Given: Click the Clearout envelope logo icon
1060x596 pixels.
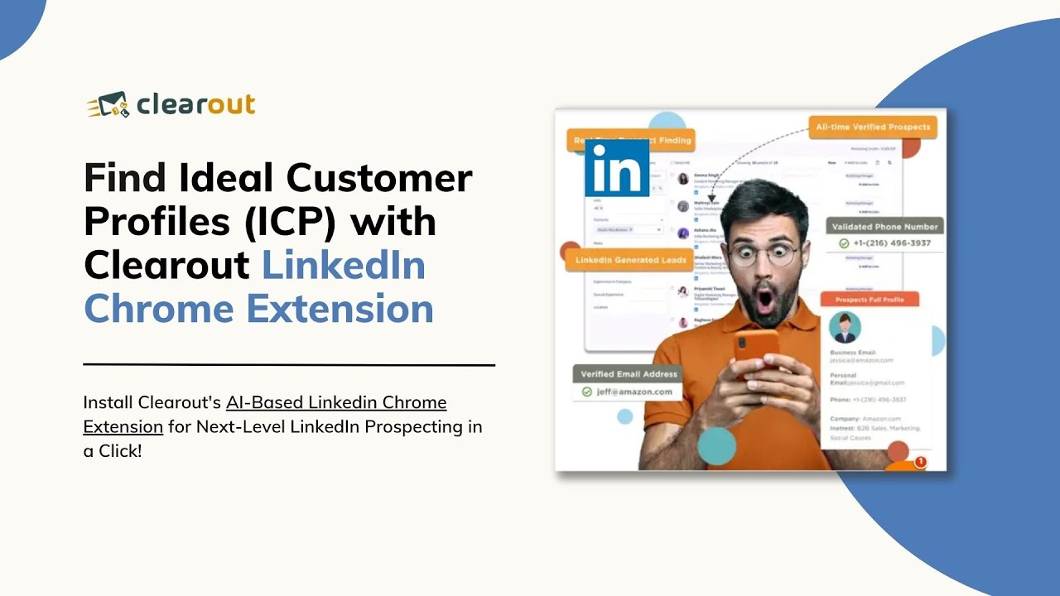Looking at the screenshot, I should pyautogui.click(x=108, y=105).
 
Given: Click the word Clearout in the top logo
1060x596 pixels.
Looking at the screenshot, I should pyautogui.click(x=195, y=105).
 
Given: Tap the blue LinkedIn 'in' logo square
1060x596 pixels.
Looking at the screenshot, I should pyautogui.click(x=617, y=169).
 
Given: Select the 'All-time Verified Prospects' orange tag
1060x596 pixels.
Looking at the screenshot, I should pyautogui.click(x=873, y=127).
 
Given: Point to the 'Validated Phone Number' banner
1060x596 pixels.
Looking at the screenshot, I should pyautogui.click(x=885, y=226).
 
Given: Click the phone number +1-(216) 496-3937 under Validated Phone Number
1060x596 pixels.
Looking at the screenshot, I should pyautogui.click(x=891, y=243).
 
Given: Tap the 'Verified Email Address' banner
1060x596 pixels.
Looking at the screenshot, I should pyautogui.click(x=629, y=374).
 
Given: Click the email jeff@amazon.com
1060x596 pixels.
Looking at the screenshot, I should pyautogui.click(x=635, y=392).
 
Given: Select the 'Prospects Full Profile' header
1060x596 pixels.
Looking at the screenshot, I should pyautogui.click(x=870, y=300).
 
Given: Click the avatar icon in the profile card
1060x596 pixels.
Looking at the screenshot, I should pyautogui.click(x=845, y=327).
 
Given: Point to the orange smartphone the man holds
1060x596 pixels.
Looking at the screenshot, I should pyautogui.click(x=755, y=348).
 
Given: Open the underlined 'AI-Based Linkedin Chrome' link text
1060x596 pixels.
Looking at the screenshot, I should pyautogui.click(x=336, y=403).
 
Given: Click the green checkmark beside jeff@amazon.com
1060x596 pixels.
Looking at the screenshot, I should pyautogui.click(x=587, y=392).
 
